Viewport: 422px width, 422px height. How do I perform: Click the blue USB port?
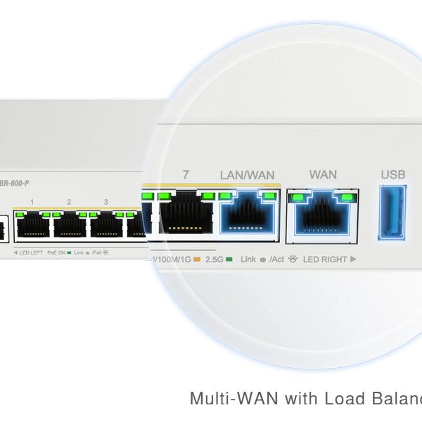point(392,212)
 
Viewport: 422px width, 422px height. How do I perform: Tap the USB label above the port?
point(393,174)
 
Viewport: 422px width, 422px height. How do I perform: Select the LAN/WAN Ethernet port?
point(246,213)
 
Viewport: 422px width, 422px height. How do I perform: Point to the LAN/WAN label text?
point(247,174)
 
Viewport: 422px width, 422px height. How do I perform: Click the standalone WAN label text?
point(323,174)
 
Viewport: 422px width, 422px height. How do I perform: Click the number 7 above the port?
point(186,174)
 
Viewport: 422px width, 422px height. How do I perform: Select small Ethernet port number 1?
point(32,225)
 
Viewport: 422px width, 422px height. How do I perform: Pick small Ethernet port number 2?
point(69,225)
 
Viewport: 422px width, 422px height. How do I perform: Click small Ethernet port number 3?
point(105,225)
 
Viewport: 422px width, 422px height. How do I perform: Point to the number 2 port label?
point(69,202)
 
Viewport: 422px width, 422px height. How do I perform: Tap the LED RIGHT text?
point(325,260)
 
